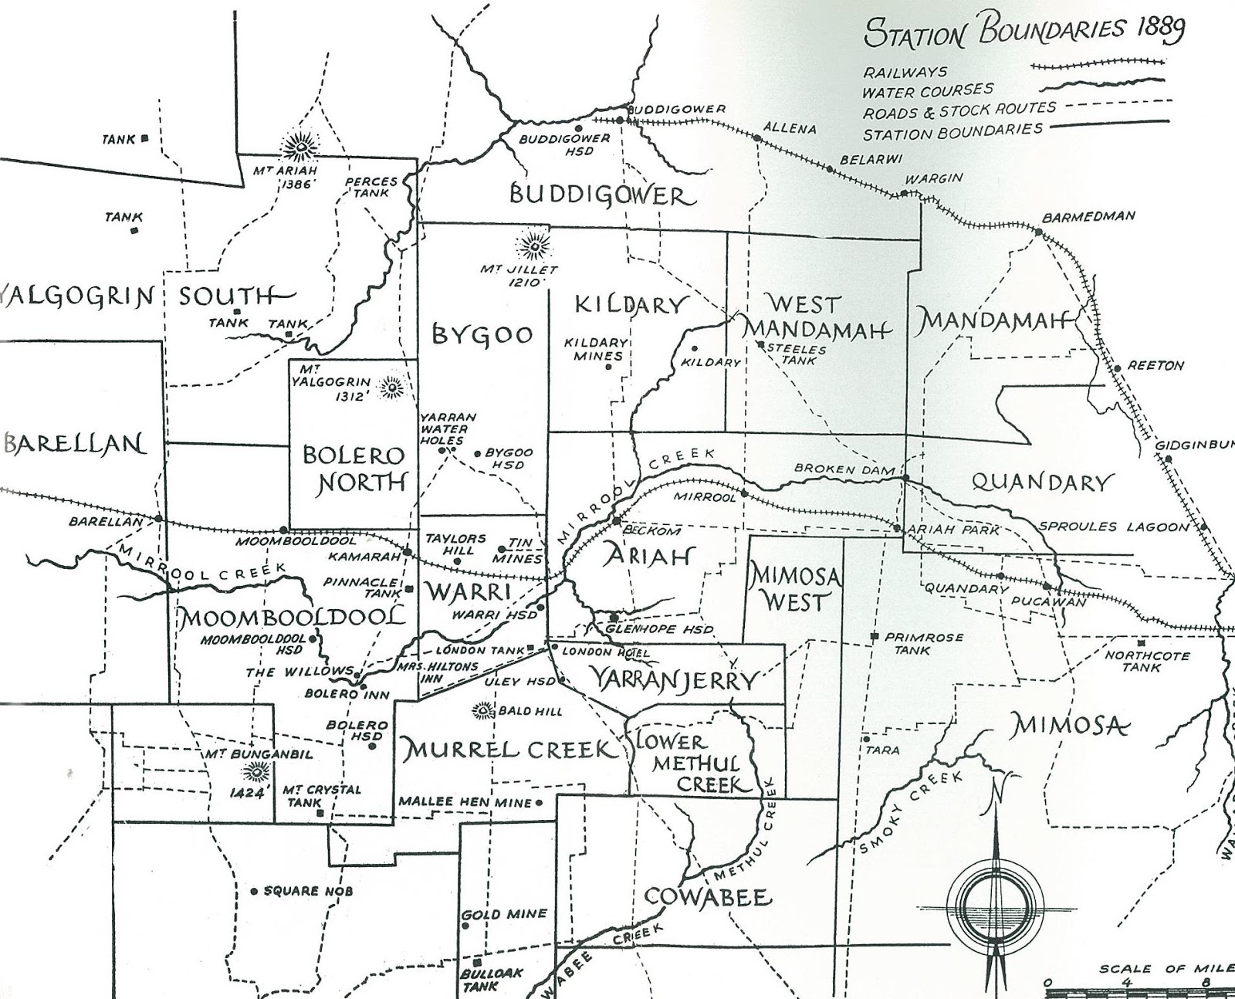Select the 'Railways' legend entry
pos(905,72)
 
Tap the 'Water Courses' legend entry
pos(928,91)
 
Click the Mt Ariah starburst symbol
pos(300,145)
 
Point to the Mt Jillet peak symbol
pos(532,246)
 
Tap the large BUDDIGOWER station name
pos(602,195)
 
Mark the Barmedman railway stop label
pos(1088,216)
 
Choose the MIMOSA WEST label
pos(794,589)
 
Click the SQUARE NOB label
pos(307,891)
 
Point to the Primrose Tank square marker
pos(874,637)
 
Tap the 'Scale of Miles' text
pos(1165,969)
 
